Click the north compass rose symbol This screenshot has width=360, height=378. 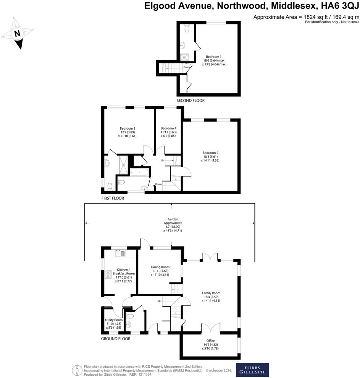coord(17,34)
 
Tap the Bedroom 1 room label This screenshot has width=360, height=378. coord(214,57)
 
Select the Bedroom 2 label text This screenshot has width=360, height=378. coord(210,152)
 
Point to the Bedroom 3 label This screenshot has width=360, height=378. coord(128,128)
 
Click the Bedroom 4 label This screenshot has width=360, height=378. coord(168,128)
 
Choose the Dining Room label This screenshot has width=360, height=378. coord(160,267)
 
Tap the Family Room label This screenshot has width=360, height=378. coord(211,293)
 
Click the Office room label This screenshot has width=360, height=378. coord(210,341)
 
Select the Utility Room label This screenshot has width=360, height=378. coord(114,320)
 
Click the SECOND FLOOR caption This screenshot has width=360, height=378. coord(190,101)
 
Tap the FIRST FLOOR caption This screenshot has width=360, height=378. coord(113,198)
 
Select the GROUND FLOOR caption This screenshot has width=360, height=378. coord(116,339)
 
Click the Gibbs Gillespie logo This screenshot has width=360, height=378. coord(252,370)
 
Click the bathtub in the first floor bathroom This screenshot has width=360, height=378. coord(139,173)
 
